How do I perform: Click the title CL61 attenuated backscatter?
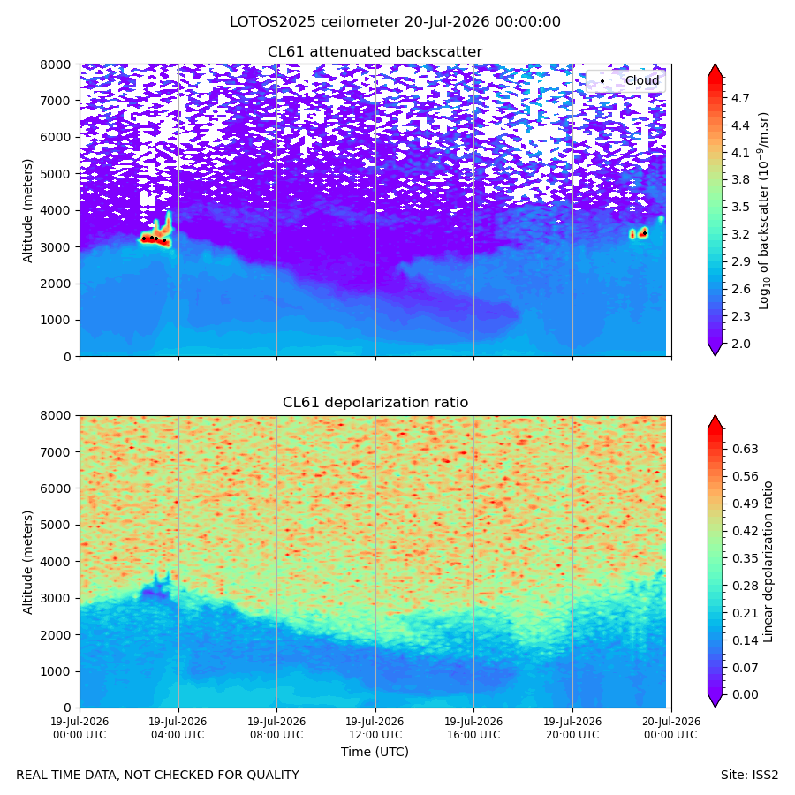pos(375,52)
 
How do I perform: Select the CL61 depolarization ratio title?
pos(375,403)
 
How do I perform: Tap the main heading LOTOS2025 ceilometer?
pos(314,22)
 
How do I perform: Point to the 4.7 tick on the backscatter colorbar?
pos(740,98)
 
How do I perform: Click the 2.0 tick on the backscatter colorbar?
pos(740,344)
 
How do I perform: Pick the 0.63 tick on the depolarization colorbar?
pos(746,449)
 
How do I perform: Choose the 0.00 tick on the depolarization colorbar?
pos(746,694)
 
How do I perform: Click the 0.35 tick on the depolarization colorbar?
pos(746,558)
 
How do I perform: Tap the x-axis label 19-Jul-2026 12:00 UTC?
pos(375,728)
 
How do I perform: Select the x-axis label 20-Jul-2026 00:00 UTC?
pos(671,728)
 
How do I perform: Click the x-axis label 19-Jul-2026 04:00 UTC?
pos(178,728)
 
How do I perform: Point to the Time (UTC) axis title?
pos(375,752)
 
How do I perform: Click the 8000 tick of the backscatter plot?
pos(60,64)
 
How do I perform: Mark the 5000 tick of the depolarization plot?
pos(60,525)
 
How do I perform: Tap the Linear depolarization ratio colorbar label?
pos(768,562)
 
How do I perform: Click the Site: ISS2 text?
pos(749,775)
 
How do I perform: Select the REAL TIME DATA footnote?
pos(158,775)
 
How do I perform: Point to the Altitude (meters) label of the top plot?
pos(27,210)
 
